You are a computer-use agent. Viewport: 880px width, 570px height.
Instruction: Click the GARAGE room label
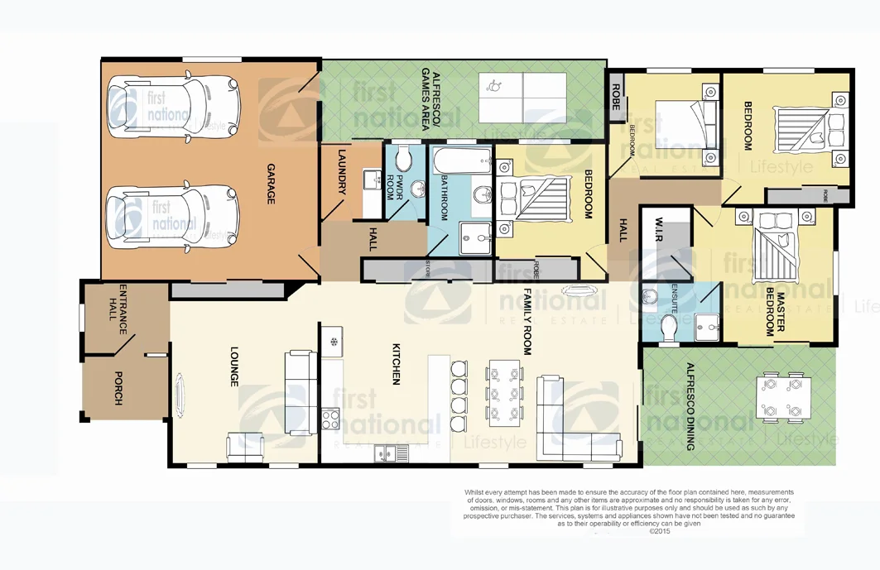coord(271,184)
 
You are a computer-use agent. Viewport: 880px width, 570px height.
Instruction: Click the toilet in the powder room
coord(403,159)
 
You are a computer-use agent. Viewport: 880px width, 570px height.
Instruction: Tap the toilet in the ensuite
coord(670,326)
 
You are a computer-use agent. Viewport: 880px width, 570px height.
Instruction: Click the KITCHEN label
coord(396,365)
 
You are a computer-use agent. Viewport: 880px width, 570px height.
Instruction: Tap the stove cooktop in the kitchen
coord(330,419)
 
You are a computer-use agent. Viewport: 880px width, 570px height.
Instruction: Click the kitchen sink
coord(390,453)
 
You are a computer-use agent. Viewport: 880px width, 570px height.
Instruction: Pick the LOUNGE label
coord(234,367)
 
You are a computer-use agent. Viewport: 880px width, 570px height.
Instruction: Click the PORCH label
coord(118,389)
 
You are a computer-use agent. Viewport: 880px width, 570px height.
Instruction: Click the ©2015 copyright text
coord(659,532)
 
